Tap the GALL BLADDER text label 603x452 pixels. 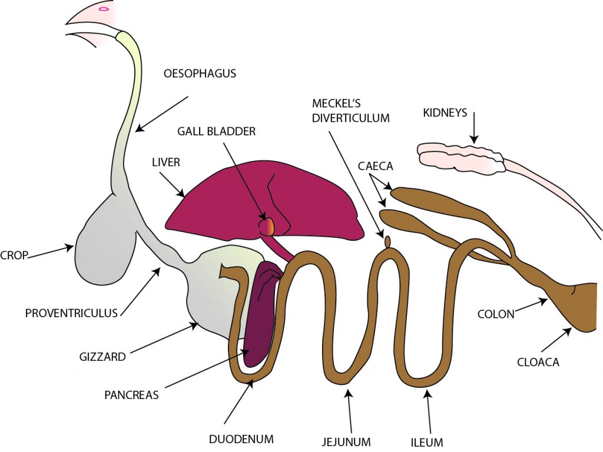pyautogui.click(x=217, y=131)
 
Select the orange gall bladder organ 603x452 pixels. pyautogui.click(x=268, y=226)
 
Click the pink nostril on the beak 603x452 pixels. pyautogui.click(x=104, y=8)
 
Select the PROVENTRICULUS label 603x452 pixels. pyautogui.click(x=72, y=313)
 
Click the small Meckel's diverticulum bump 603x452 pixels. pyautogui.click(x=387, y=241)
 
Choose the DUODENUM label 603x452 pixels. pyautogui.click(x=241, y=438)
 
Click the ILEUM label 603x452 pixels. pyautogui.click(x=427, y=441)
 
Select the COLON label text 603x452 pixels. pyautogui.click(x=496, y=314)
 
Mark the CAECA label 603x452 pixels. pyautogui.click(x=375, y=167)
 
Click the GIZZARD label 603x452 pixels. pyautogui.click(x=102, y=357)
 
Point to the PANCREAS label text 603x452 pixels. pyautogui.click(x=131, y=395)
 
